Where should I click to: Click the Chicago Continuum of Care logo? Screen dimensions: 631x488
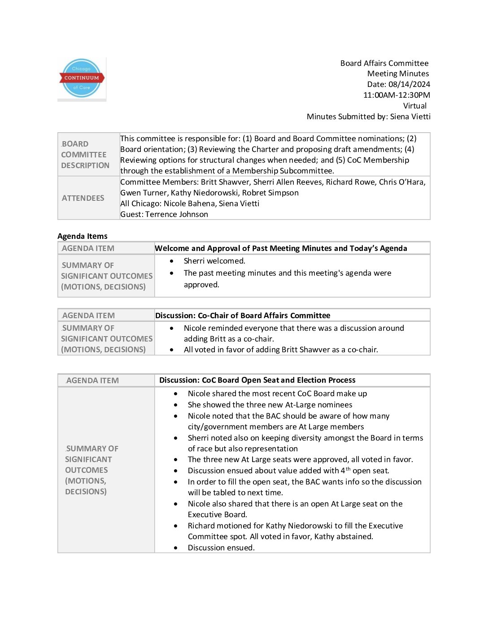[x=82, y=78]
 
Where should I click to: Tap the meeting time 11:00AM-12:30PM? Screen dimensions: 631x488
[x=396, y=95]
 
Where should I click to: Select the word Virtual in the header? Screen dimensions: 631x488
[x=415, y=106]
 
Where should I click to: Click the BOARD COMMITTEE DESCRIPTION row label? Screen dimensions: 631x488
[x=85, y=155]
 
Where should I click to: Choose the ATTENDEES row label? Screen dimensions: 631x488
[x=83, y=198]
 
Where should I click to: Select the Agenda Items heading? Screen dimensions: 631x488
[x=83, y=236]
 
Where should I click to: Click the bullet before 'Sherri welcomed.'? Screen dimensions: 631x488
[x=172, y=261]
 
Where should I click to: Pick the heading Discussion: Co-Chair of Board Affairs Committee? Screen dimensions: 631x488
[x=243, y=315]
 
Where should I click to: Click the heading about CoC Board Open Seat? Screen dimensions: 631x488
[x=257, y=380]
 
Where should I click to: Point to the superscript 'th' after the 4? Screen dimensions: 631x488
[x=348, y=469]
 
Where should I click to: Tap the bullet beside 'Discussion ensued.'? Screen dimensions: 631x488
[x=176, y=548]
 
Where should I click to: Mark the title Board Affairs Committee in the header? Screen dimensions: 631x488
[x=384, y=63]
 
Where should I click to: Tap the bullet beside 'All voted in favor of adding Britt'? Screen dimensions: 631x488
[x=172, y=350]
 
